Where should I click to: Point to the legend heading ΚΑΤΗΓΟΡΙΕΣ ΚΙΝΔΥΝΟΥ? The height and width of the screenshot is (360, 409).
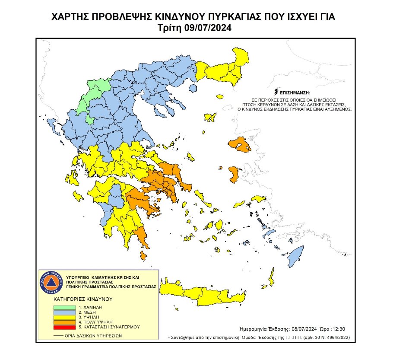[82, 299]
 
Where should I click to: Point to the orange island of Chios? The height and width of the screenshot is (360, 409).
[234, 175]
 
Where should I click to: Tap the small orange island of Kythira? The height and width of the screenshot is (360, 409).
[143, 255]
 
